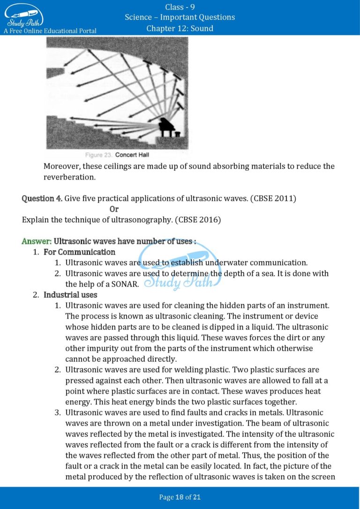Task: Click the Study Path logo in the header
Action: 24,15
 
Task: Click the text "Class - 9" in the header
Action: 180,7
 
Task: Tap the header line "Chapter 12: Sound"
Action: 180,29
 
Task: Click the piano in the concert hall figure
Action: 168,127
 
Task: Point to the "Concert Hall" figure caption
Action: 132,155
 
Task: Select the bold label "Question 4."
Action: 42,198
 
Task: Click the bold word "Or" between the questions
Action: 114,209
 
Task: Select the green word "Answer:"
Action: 37,241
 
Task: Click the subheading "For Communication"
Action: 73,252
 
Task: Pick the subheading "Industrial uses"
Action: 70,295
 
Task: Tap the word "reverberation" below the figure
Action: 69,177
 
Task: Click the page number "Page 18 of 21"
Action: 180,497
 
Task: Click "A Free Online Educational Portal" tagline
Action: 50,31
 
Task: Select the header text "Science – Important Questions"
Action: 180,17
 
